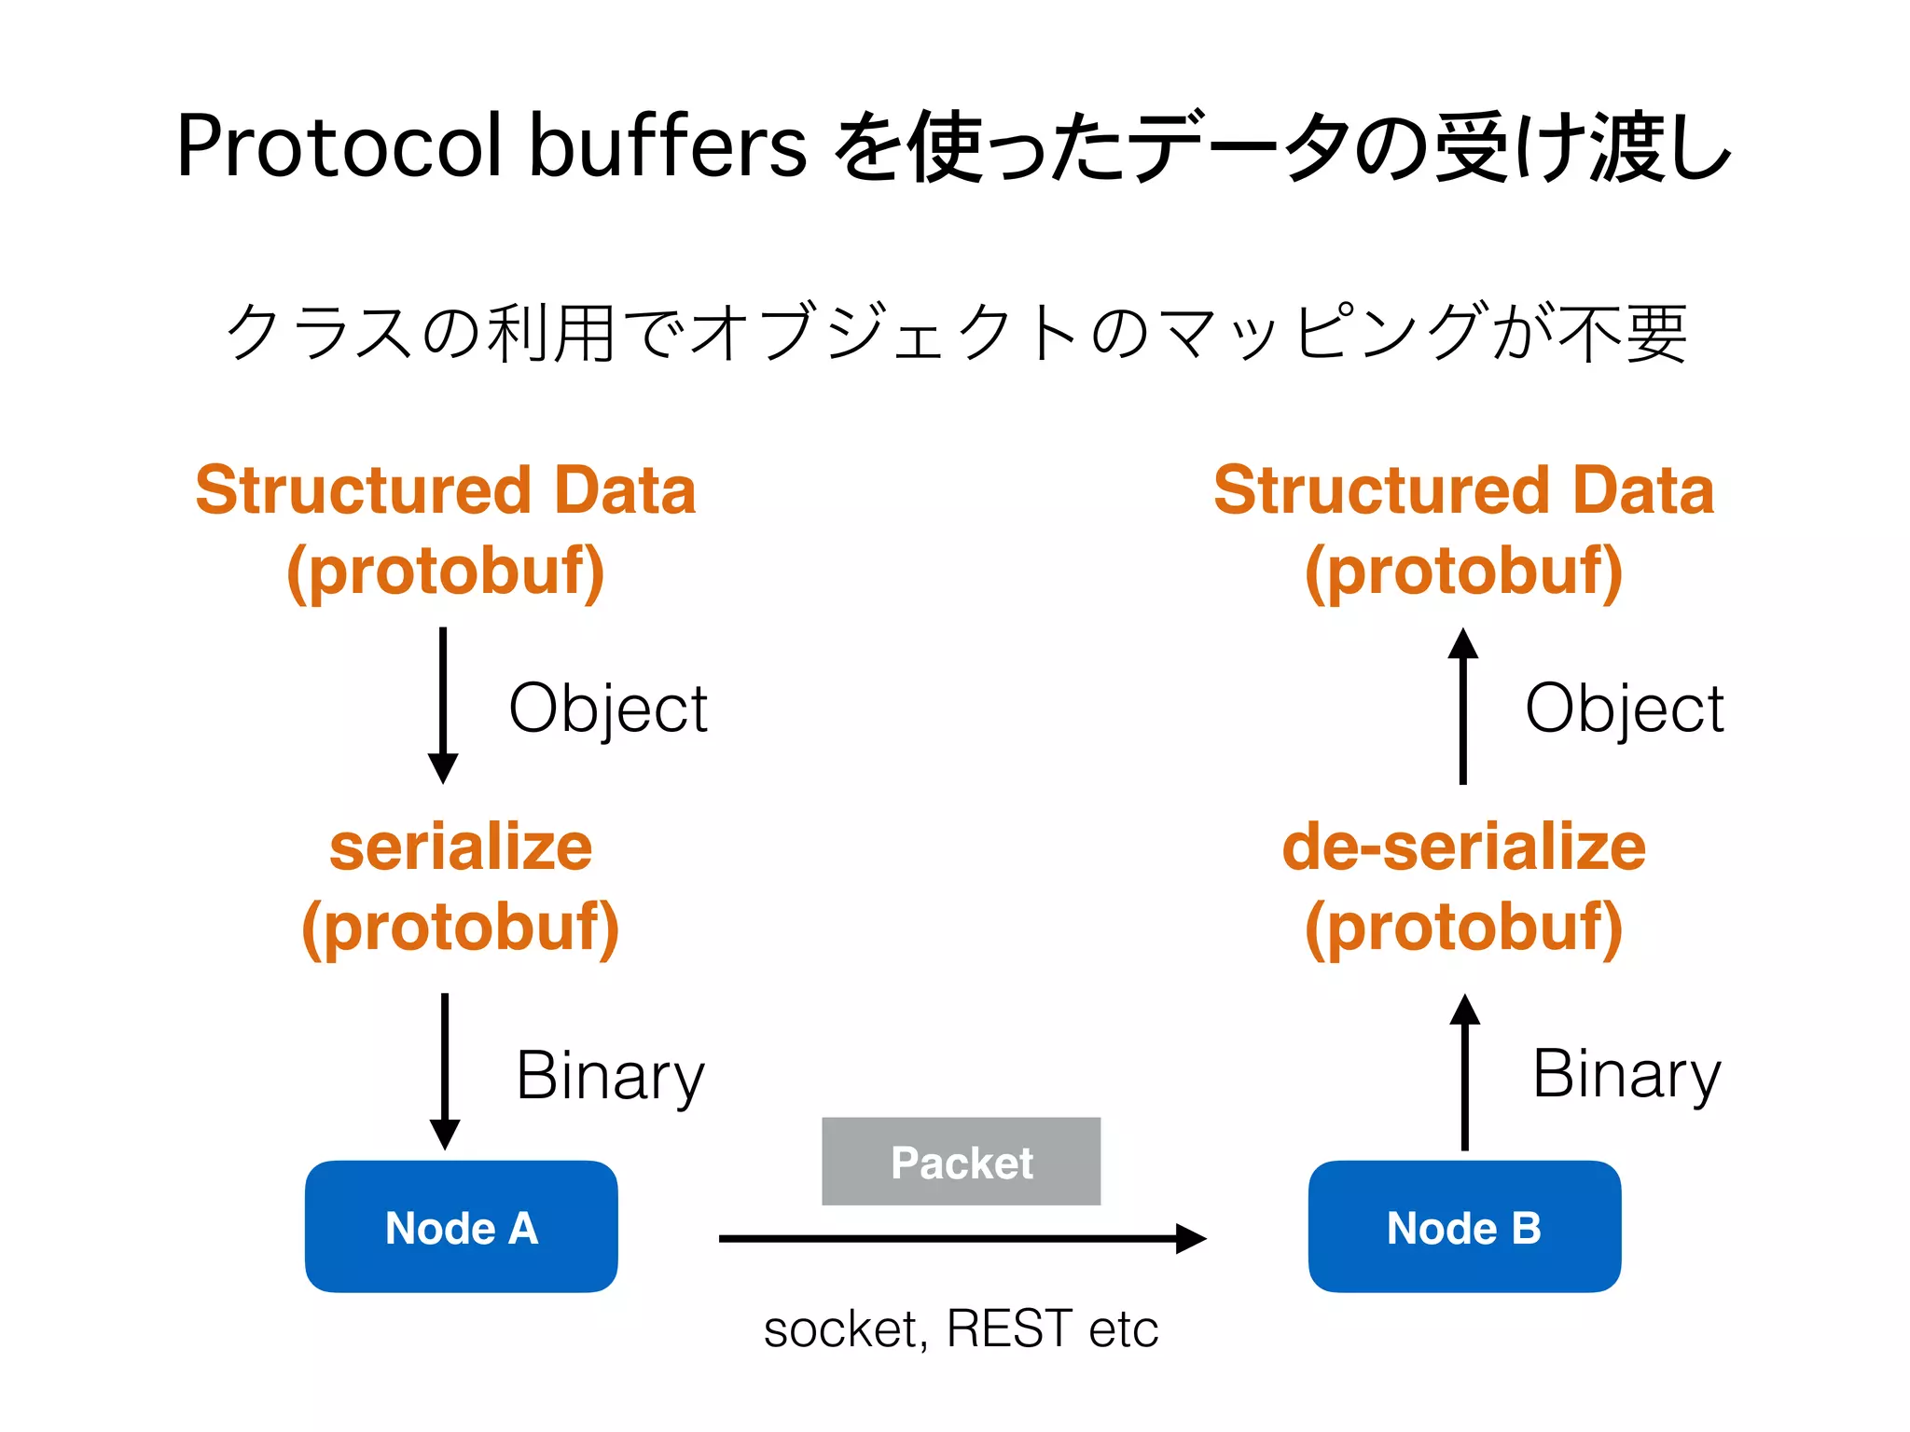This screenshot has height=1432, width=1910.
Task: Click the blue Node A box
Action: pos(461,1226)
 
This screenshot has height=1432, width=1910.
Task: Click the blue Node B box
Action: pos(1463,1226)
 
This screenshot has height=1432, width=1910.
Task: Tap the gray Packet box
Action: pos(961,1162)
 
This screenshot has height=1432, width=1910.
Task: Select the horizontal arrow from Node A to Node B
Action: pos(961,1238)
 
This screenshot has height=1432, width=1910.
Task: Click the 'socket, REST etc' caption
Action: pos(961,1329)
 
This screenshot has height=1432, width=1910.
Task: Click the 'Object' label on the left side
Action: pos(608,709)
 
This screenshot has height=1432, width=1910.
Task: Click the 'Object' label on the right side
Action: pos(1624,709)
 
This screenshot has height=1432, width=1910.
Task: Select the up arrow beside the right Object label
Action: pos(1462,706)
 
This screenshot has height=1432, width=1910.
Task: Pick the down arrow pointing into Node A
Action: pos(445,1071)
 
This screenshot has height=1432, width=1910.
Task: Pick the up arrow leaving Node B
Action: pos(1464,1071)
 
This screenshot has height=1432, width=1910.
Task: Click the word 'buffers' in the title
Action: pos(667,146)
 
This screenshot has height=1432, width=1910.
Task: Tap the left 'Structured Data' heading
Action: pos(446,490)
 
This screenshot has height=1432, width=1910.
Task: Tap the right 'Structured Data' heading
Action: pos(1463,490)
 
